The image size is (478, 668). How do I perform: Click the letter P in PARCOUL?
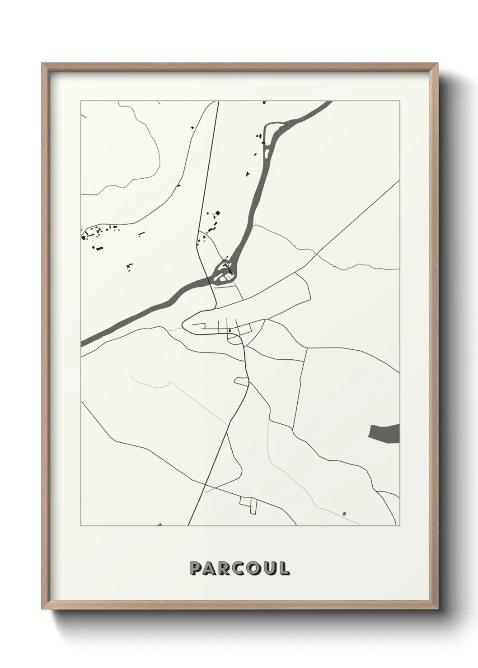click(x=197, y=568)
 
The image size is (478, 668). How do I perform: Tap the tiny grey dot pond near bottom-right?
click(x=344, y=513)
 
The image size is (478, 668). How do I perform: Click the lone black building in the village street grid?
click(x=230, y=331)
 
